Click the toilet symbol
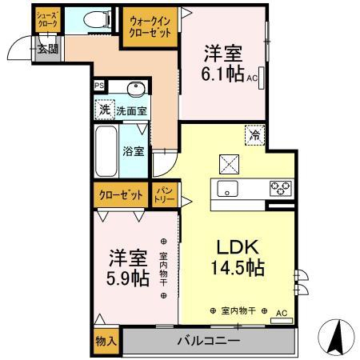click(x=98, y=19)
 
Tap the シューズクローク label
click(x=48, y=19)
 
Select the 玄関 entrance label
click(x=47, y=49)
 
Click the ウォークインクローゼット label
click(x=150, y=27)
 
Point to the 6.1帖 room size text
click(x=222, y=74)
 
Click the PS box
click(x=99, y=86)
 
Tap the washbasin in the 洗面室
click(x=136, y=89)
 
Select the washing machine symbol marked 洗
click(x=105, y=110)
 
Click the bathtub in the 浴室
click(x=106, y=151)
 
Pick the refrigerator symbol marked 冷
click(x=255, y=135)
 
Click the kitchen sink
click(x=227, y=189)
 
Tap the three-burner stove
click(x=281, y=188)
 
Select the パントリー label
click(x=164, y=194)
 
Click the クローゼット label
click(x=121, y=195)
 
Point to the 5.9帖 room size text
click(x=128, y=278)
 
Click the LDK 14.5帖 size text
click(x=238, y=267)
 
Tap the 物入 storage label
click(x=106, y=341)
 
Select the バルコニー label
click(x=209, y=341)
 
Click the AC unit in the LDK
click(x=282, y=321)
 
